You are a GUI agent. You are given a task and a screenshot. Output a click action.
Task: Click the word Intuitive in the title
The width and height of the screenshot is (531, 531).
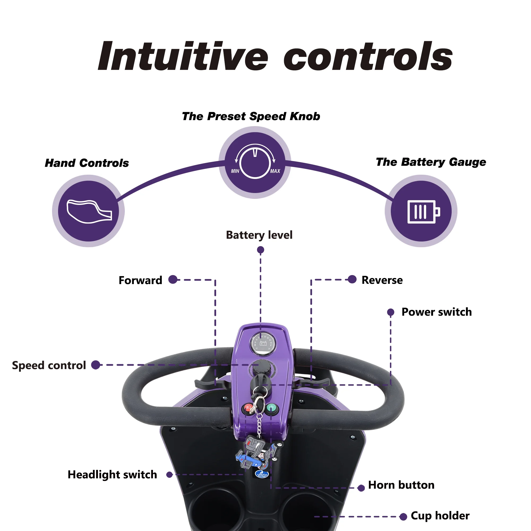tap(183, 56)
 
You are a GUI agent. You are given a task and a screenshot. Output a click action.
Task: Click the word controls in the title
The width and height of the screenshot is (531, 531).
tap(368, 56)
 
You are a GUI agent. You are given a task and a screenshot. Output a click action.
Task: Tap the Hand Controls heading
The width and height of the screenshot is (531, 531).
tap(87, 163)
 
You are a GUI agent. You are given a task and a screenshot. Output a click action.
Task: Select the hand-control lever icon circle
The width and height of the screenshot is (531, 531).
tap(88, 211)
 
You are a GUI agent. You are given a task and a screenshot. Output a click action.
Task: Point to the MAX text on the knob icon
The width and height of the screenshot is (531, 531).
tap(275, 171)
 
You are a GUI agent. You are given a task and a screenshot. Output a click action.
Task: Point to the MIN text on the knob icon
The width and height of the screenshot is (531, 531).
tap(235, 171)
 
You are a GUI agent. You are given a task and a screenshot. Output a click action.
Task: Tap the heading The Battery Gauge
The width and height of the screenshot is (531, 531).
tap(431, 162)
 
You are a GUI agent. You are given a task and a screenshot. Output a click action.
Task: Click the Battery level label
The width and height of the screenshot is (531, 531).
tap(259, 235)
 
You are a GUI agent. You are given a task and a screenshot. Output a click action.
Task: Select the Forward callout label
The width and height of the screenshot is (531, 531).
tap(140, 280)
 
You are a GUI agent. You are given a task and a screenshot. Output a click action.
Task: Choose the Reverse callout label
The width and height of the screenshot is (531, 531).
tap(382, 280)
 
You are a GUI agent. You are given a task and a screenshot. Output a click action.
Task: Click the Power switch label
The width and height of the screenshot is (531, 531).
tap(436, 312)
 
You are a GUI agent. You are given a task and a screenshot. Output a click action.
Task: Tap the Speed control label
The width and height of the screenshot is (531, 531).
tap(49, 366)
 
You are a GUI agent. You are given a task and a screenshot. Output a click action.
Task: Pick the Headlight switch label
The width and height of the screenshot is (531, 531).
tap(112, 475)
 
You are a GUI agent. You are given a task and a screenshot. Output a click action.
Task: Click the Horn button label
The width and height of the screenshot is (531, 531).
tap(401, 485)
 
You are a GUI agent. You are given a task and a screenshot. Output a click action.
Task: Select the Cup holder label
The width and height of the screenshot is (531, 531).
tap(440, 516)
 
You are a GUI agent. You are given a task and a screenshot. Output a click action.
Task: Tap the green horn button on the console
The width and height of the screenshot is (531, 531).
tap(272, 408)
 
